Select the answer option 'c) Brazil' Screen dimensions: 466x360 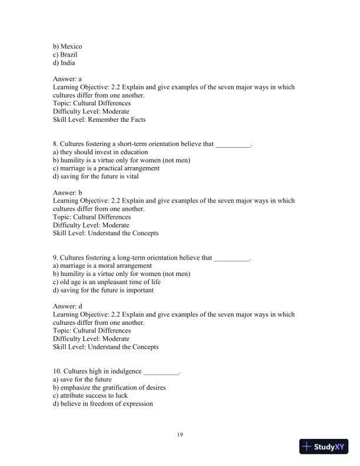coord(65,55)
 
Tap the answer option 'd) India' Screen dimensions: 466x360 coord(64,63)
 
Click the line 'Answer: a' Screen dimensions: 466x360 coord(67,79)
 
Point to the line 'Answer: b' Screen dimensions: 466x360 coord(67,192)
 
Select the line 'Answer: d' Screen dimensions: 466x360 coord(67,307)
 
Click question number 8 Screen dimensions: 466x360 coord(55,144)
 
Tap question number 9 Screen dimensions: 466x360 coord(55,258)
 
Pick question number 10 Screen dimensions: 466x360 coord(57,372)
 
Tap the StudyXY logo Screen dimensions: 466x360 coord(322,447)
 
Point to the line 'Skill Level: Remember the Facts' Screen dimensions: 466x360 coord(99,119)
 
